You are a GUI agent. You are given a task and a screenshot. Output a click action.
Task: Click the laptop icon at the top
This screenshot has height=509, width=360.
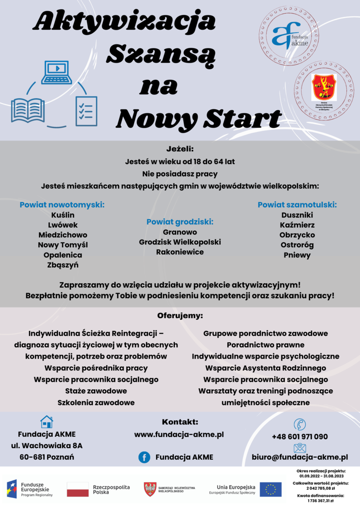(57, 73)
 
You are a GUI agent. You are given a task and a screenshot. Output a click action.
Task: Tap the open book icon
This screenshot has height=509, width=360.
(28, 110)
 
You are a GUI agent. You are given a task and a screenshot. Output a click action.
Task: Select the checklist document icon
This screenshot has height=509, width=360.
(86, 111)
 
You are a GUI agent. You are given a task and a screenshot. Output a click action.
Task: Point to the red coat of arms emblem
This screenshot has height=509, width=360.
(324, 87)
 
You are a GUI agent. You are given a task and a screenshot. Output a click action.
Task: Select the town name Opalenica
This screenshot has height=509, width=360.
(63, 255)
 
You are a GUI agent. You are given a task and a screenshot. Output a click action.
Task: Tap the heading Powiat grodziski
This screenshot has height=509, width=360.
(180, 222)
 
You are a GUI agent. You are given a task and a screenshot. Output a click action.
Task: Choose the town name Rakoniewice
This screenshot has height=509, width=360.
(180, 252)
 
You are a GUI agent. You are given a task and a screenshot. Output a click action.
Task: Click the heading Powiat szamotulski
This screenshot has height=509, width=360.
(297, 205)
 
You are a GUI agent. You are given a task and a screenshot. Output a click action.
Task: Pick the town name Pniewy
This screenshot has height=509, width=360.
(297, 255)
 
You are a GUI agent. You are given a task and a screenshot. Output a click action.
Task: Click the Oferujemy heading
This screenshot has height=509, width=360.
(180, 315)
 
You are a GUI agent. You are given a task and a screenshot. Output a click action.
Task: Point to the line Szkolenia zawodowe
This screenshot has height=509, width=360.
(96, 402)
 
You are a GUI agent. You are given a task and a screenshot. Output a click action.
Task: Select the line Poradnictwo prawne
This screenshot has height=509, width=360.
(265, 345)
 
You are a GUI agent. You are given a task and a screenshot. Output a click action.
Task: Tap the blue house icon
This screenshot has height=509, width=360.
(47, 421)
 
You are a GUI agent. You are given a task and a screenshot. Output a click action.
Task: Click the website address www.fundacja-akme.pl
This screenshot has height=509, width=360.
(179, 434)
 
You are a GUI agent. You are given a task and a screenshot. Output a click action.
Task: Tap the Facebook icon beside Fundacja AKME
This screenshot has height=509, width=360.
(144, 457)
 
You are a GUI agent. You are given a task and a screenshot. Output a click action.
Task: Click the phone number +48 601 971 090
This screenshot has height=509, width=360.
(300, 436)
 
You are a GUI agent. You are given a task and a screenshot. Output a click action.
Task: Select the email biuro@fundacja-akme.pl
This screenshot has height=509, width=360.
(300, 457)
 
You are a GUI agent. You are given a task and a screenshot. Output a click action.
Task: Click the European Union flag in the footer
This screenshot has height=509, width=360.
(270, 489)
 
